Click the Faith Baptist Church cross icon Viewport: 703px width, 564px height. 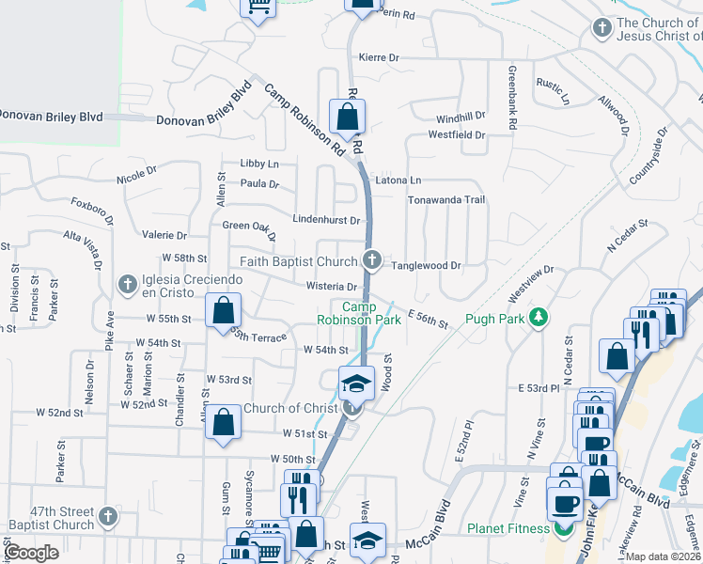(372, 260)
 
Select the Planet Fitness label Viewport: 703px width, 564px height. (508, 528)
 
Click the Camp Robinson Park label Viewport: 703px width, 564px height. (371, 314)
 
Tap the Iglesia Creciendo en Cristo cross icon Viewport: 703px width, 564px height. (128, 282)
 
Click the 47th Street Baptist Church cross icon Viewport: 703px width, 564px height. (108, 516)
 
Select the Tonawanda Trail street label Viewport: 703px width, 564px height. (445, 200)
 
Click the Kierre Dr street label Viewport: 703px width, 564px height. (379, 57)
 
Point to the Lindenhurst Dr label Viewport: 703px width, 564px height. (327, 220)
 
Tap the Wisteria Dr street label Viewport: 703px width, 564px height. (332, 287)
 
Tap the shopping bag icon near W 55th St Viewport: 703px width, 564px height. (224, 310)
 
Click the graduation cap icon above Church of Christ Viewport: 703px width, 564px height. (357, 382)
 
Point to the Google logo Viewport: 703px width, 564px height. (32, 552)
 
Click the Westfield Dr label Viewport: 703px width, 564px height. (456, 135)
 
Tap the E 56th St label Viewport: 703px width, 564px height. (428, 321)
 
